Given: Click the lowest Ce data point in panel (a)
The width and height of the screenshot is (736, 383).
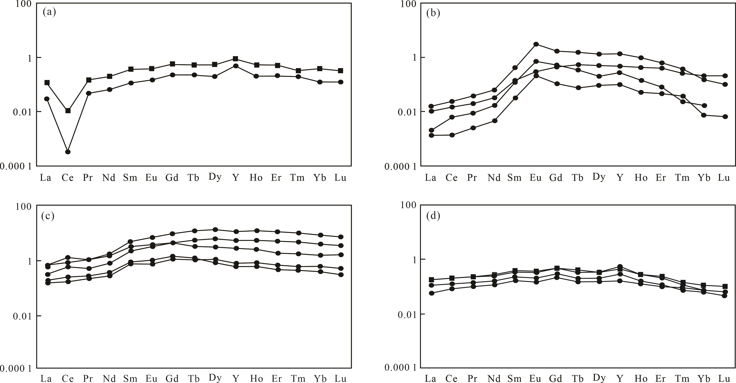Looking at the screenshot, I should pyautogui.click(x=68, y=152).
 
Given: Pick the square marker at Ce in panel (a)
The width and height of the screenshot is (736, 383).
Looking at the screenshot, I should pyautogui.click(x=68, y=111).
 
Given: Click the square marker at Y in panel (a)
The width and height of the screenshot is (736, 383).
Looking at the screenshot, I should pyautogui.click(x=235, y=58).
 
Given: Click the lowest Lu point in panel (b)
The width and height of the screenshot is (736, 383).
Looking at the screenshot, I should pyautogui.click(x=725, y=117).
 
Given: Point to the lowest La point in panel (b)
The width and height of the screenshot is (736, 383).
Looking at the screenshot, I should pyautogui.click(x=431, y=135).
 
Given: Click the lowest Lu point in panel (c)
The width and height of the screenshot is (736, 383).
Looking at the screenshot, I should pyautogui.click(x=341, y=274).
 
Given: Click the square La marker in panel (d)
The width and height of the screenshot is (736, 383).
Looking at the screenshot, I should pyautogui.click(x=431, y=280).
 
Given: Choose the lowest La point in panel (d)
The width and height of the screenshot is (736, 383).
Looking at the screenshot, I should pyautogui.click(x=431, y=293).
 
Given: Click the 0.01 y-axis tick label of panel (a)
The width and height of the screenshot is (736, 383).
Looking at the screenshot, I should pyautogui.click(x=22, y=112).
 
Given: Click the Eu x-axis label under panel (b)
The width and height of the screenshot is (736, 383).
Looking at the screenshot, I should pyautogui.click(x=535, y=178).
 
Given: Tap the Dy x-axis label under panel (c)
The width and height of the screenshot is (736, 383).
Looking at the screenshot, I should pyautogui.click(x=215, y=378).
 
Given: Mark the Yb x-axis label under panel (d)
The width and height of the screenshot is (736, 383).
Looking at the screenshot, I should pyautogui.click(x=704, y=378).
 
